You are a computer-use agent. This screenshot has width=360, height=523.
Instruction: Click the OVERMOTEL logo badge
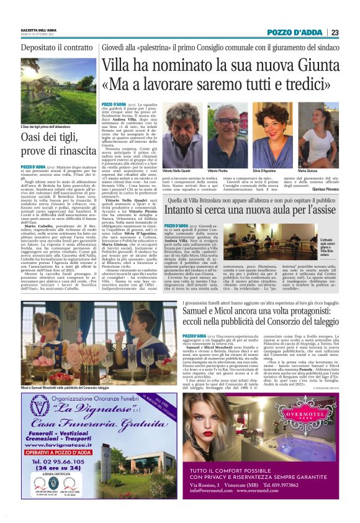[x=295, y=394]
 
